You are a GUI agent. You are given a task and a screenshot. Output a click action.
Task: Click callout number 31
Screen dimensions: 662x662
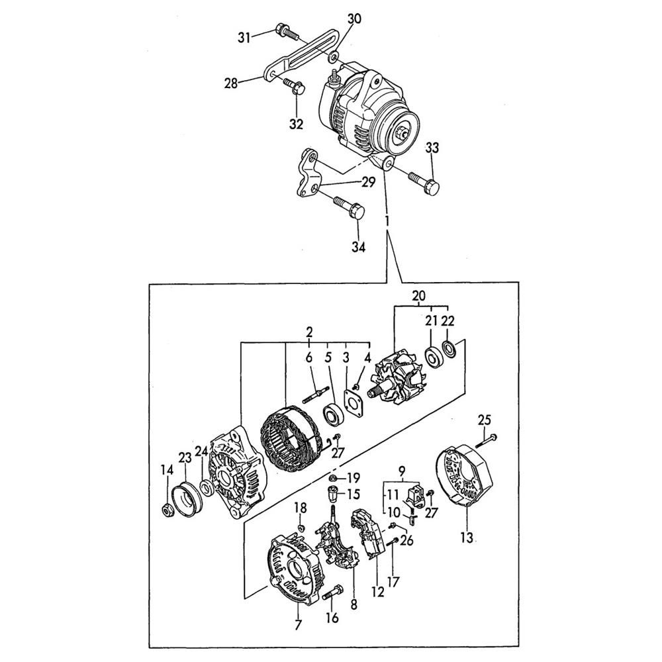244,38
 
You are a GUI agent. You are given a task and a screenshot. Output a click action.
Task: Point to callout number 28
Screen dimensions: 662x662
231,83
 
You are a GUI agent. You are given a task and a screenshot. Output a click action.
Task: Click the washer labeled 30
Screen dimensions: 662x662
334,56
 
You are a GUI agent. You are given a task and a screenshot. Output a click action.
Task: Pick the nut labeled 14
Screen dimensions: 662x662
167,510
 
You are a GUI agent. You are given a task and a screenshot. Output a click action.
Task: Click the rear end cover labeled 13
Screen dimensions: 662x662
465,475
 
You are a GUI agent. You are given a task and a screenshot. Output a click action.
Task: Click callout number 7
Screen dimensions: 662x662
299,624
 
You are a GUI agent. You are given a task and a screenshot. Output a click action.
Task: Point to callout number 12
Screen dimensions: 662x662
378,592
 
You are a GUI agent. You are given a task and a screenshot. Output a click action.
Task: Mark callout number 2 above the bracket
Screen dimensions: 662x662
309,332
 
